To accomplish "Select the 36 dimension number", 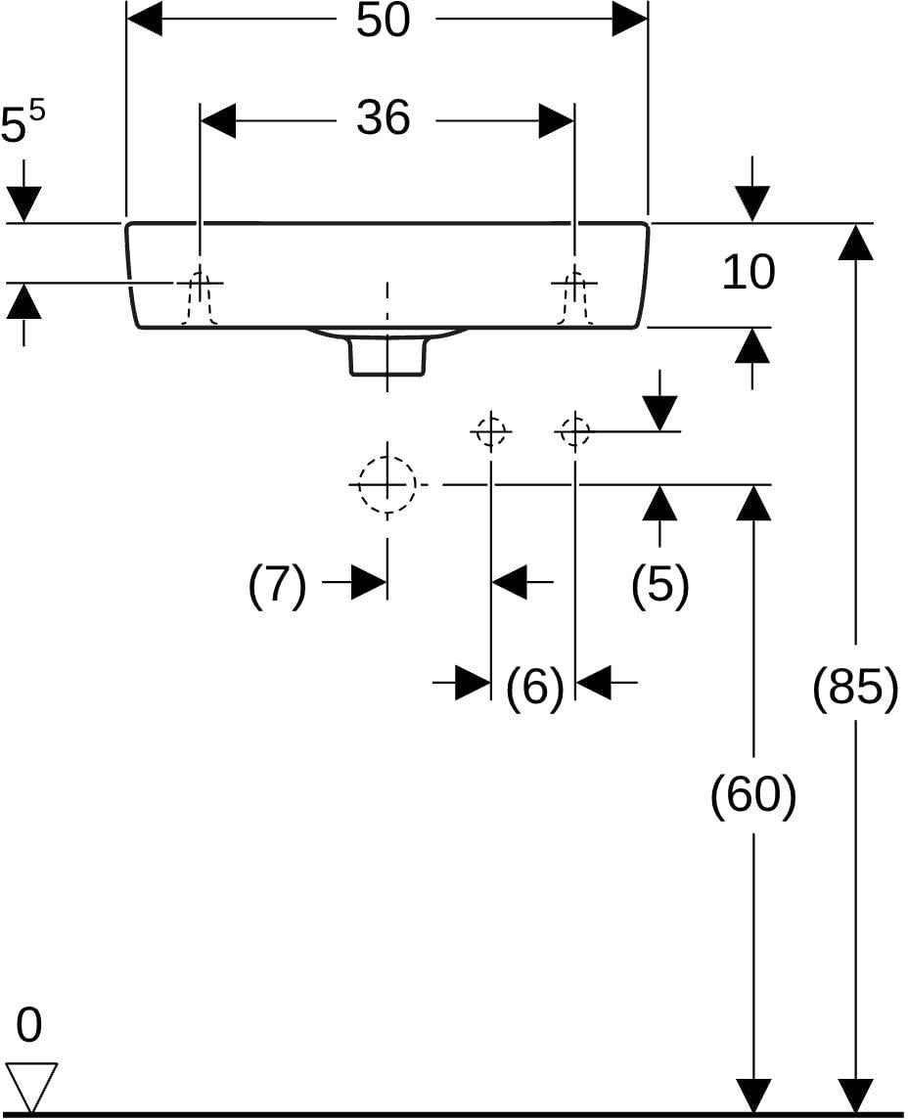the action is pyautogui.click(x=384, y=117).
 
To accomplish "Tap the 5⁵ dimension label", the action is pyautogui.click(x=23, y=122).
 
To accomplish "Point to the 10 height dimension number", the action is pyautogui.click(x=749, y=272).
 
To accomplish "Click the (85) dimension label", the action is pyautogui.click(x=855, y=689).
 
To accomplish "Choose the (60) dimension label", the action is pyautogui.click(x=753, y=795).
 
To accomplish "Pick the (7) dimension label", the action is pyautogui.click(x=277, y=585).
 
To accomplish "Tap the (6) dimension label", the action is pyautogui.click(x=534, y=688).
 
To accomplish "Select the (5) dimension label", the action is pyautogui.click(x=660, y=585).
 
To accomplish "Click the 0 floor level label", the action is pyautogui.click(x=28, y=1025).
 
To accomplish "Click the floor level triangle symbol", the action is pyautogui.click(x=30, y=1085).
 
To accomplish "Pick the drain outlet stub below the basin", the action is pyautogui.click(x=387, y=357).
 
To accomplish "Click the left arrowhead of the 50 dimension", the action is pyautogui.click(x=144, y=20).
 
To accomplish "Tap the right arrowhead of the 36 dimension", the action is pyautogui.click(x=556, y=121).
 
